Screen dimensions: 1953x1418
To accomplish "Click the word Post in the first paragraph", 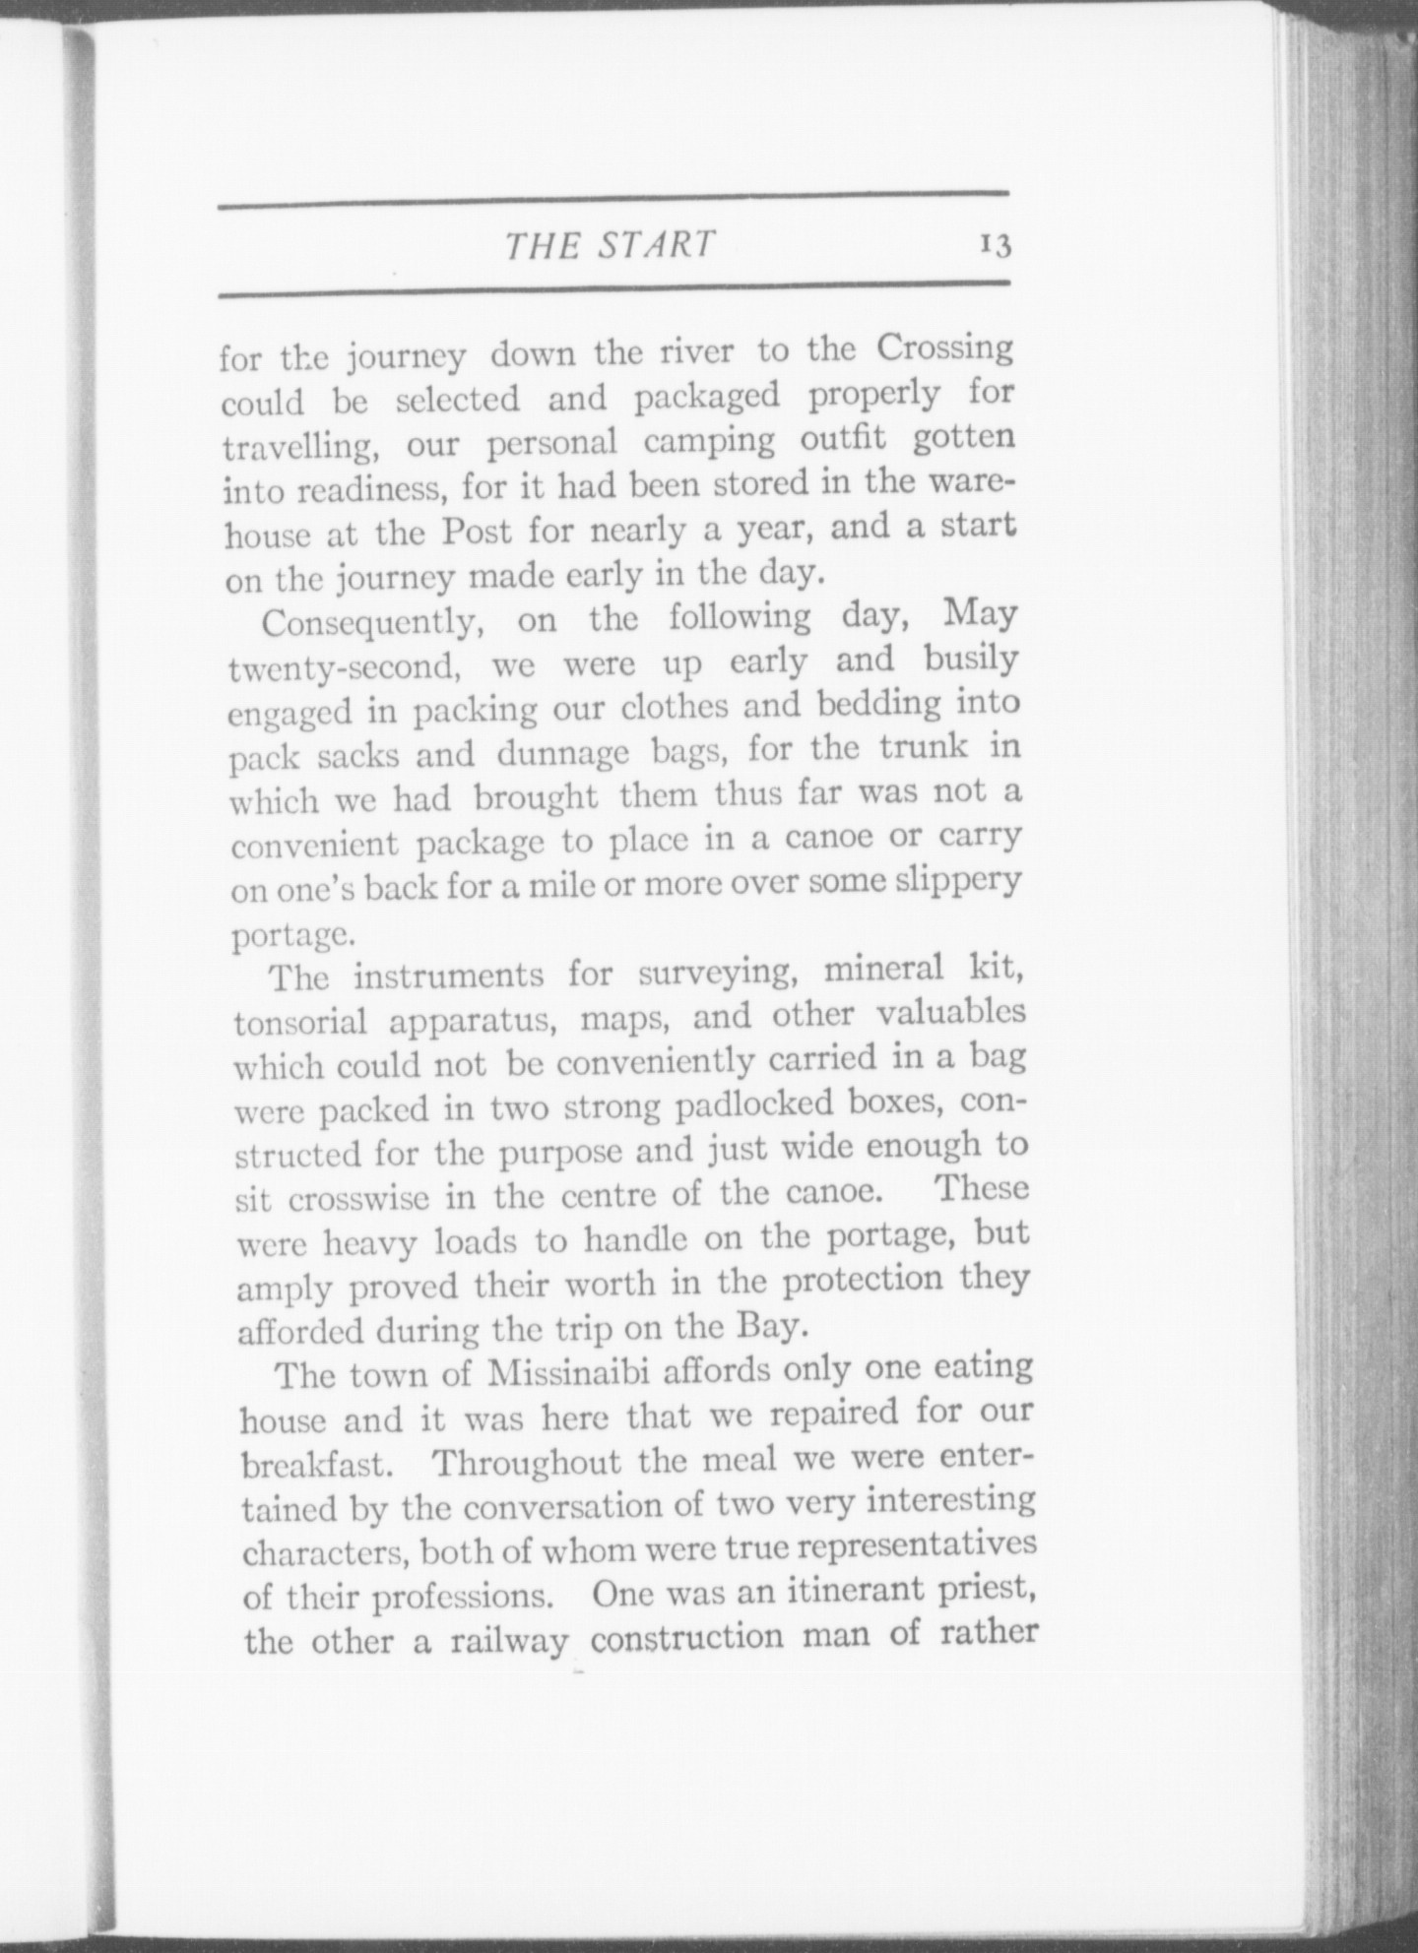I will pyautogui.click(x=477, y=532).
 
